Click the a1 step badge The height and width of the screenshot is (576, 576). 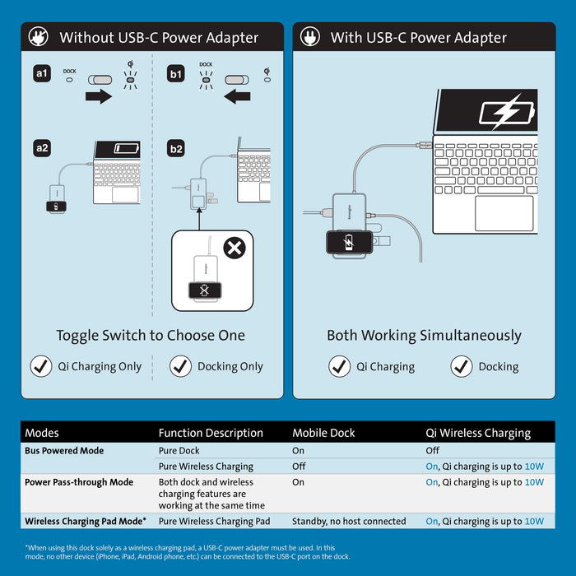point(42,74)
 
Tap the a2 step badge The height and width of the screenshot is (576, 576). point(42,149)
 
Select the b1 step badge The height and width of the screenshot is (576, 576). point(176,74)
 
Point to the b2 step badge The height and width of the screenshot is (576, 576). point(176,149)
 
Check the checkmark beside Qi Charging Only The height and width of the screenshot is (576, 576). point(41,367)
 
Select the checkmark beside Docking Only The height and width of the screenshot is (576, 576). point(181,367)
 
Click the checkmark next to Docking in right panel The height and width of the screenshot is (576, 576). point(462,367)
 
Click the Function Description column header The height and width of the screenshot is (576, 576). point(211,433)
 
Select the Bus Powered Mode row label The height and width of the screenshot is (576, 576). point(64,451)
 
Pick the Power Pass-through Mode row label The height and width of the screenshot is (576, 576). point(79,482)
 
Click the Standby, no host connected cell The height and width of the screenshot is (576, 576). point(349,521)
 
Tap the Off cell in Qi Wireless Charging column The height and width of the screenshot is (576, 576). point(432,451)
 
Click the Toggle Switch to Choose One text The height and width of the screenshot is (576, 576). point(151,336)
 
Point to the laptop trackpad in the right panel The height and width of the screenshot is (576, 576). point(504,212)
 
